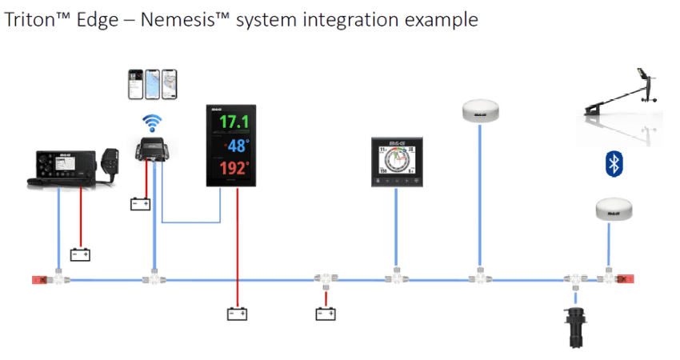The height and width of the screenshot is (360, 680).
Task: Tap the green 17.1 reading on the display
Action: [x=234, y=122]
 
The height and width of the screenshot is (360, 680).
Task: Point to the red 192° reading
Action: [x=234, y=170]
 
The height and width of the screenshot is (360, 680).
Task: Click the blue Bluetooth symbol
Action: [x=614, y=164]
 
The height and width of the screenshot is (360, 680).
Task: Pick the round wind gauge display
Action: [x=397, y=162]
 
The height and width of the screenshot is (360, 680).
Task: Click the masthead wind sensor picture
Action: [x=624, y=100]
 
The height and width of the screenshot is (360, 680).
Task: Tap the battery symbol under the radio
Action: [x=80, y=254]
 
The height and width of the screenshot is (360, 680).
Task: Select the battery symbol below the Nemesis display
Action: [x=236, y=314]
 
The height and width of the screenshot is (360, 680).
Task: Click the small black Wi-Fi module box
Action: [x=153, y=150]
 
